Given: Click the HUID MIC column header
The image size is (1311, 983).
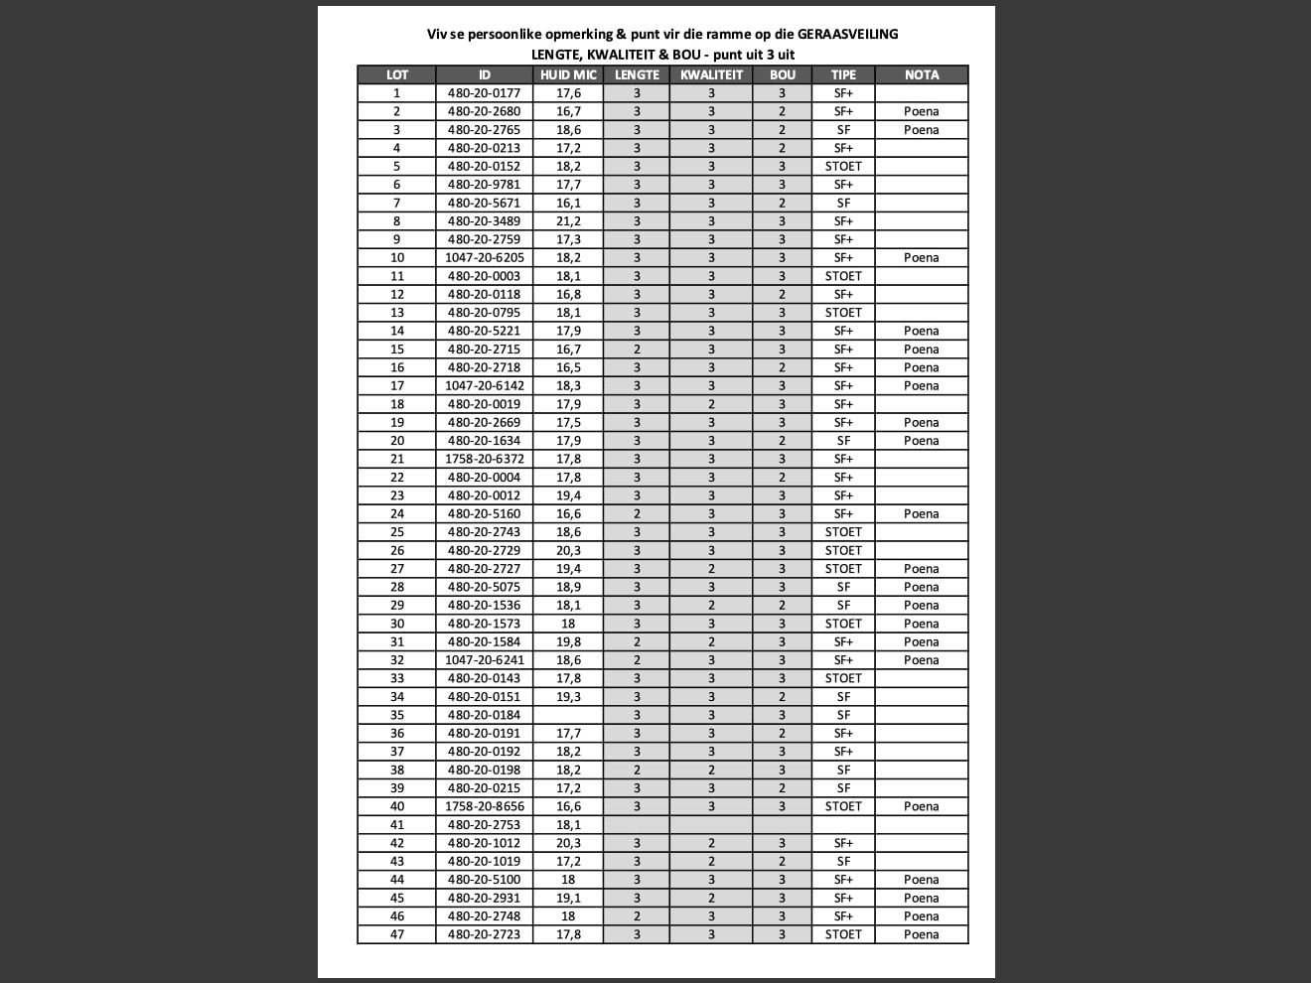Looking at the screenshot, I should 568,74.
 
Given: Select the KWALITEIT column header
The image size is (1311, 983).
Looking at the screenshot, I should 711,74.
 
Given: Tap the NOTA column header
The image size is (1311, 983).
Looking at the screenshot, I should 921,74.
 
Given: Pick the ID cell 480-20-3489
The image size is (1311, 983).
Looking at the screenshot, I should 484,221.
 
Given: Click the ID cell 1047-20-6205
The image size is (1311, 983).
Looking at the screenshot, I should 484,258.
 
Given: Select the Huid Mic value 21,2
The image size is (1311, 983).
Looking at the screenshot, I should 568,221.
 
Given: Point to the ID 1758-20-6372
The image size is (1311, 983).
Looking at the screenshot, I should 484,459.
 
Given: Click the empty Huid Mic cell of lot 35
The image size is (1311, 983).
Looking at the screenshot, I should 568,715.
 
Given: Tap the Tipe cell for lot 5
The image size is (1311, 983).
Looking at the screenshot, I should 843,167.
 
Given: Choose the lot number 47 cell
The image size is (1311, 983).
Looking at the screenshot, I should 396,934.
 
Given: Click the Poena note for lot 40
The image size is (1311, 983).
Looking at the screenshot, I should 921,806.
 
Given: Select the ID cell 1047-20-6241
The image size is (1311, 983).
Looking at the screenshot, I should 484,660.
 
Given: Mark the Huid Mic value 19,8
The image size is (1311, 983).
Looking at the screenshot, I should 568,641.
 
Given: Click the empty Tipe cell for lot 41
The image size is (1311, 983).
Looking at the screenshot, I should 843,825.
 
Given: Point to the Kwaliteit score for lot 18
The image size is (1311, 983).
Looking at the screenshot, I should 711,404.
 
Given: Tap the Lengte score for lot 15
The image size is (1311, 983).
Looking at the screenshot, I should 637,350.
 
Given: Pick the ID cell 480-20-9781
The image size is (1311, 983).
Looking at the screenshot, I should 484,185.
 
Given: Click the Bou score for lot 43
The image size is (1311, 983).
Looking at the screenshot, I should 782,861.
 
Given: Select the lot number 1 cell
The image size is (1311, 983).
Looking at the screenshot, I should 396,93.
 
